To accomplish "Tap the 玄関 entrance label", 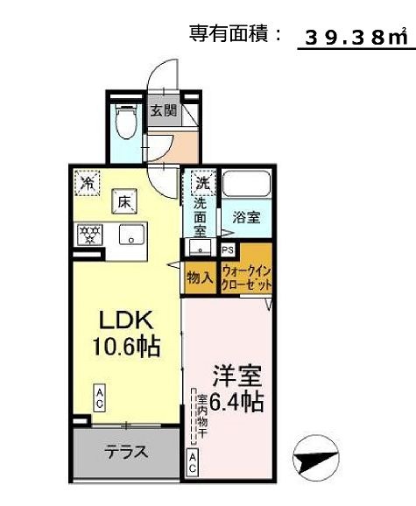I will tap(163, 111).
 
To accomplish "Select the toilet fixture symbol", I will tap(127, 122).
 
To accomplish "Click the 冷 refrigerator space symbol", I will tap(88, 182).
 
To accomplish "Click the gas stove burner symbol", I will tap(89, 235).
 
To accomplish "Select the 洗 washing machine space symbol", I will tap(202, 184).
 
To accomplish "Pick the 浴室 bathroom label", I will tap(245, 219).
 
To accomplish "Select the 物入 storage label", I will tap(200, 278).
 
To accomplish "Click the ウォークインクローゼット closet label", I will tap(247, 278).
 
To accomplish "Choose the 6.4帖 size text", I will tap(236, 402).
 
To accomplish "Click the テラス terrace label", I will tap(126, 453).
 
